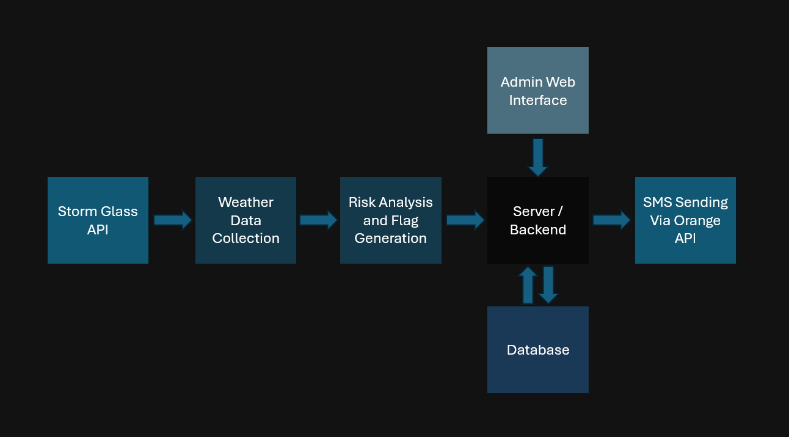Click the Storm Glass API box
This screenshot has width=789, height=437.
[x=98, y=220]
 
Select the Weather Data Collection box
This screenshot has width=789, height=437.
[x=245, y=220]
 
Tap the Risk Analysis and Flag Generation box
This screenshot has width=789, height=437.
[x=390, y=220]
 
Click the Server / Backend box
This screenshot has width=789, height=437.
[x=537, y=220]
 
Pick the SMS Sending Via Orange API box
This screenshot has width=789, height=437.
[x=685, y=220]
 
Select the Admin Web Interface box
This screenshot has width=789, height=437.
[x=537, y=90]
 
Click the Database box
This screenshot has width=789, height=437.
[x=537, y=350]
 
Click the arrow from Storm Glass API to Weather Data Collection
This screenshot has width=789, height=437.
[x=173, y=220]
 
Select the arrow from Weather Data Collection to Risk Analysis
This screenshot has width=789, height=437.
[x=318, y=220]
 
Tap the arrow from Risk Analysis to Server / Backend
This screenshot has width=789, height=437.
[x=465, y=220]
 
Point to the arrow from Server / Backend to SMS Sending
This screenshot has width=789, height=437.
[x=611, y=220]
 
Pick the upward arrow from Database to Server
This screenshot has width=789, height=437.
[x=528, y=285]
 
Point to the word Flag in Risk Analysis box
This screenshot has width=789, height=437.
[x=404, y=220]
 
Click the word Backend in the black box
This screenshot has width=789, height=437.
[x=537, y=229]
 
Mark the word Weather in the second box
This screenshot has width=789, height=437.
[x=245, y=202]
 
